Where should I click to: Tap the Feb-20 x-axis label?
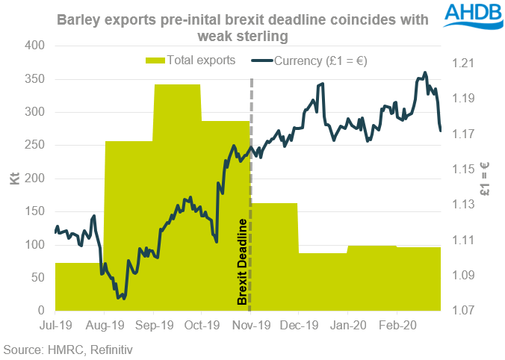click(x=397, y=326)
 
